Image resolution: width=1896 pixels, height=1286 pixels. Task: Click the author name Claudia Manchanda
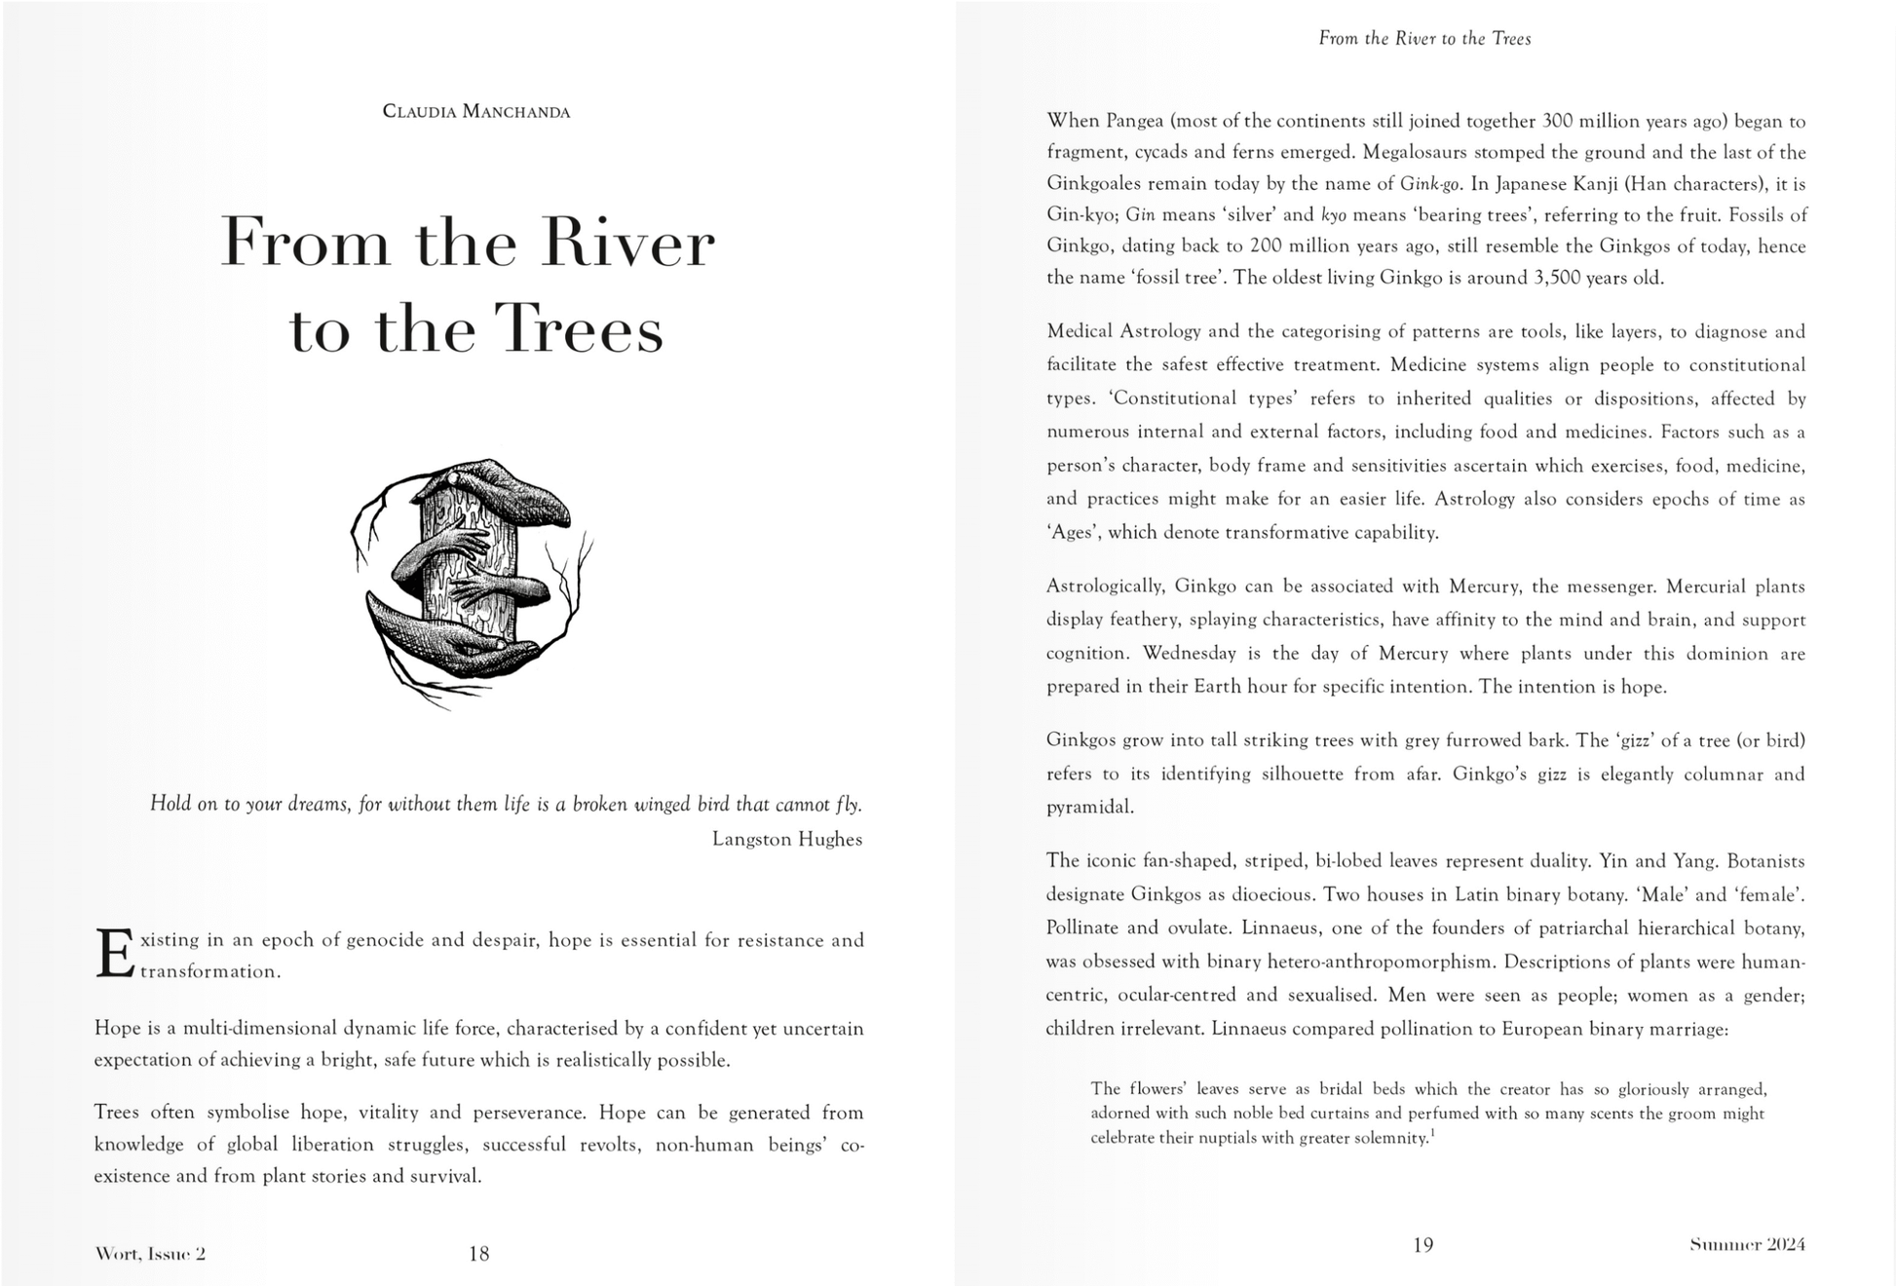coord(475,111)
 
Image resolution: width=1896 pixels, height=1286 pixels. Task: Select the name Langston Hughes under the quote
coord(786,839)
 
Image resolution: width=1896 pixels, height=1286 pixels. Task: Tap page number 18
coord(478,1254)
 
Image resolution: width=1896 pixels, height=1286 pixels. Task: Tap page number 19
coord(1422,1245)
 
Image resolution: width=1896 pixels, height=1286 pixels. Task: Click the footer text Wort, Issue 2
coord(150,1254)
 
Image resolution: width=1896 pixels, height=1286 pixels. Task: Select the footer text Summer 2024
coord(1747,1244)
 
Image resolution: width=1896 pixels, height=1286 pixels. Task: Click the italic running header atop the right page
coord(1424,39)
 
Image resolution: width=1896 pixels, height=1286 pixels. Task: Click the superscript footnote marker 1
coord(1431,1133)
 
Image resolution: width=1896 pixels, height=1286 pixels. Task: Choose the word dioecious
coord(1229,894)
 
